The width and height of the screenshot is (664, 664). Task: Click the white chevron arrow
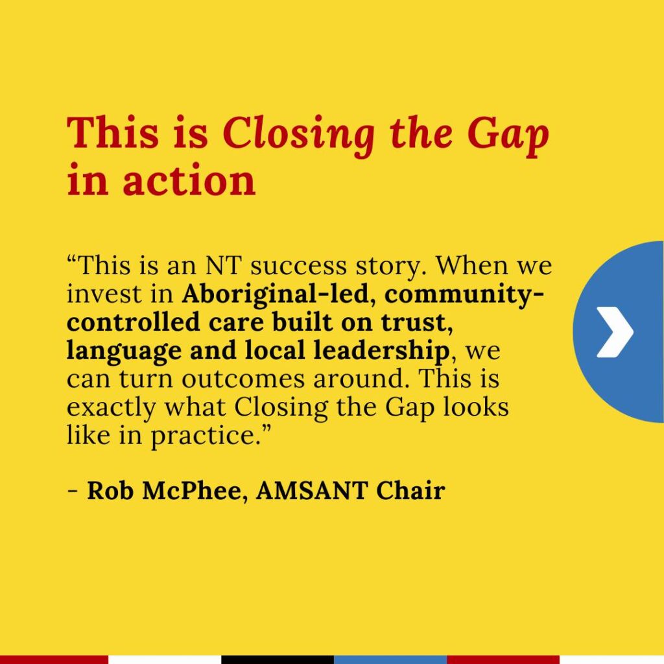point(615,332)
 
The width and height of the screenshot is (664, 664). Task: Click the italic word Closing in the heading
point(298,134)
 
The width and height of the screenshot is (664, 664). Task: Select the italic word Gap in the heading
point(508,134)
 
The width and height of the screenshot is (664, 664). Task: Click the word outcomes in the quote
point(243,379)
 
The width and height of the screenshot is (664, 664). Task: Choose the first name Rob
point(110,492)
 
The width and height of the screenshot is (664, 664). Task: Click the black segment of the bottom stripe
point(278,659)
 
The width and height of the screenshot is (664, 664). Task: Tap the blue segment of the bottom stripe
point(390,659)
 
